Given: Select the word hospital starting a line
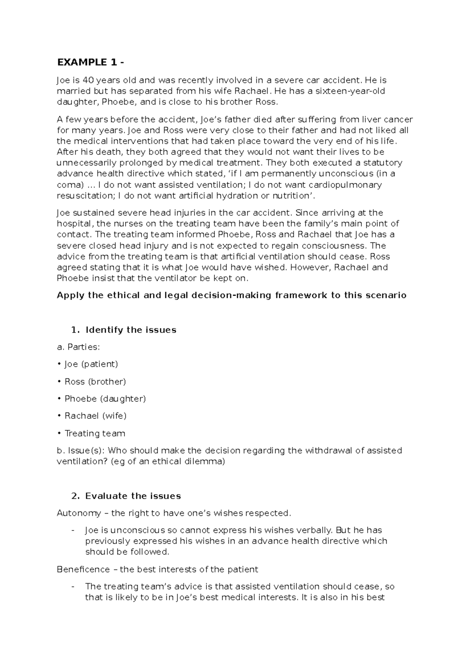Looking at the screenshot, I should point(74,224).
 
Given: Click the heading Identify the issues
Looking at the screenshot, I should point(131,330).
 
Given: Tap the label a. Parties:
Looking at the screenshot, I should point(78,347).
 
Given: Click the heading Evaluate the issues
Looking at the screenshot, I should point(133,496).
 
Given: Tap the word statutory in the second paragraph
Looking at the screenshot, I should point(383,163).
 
